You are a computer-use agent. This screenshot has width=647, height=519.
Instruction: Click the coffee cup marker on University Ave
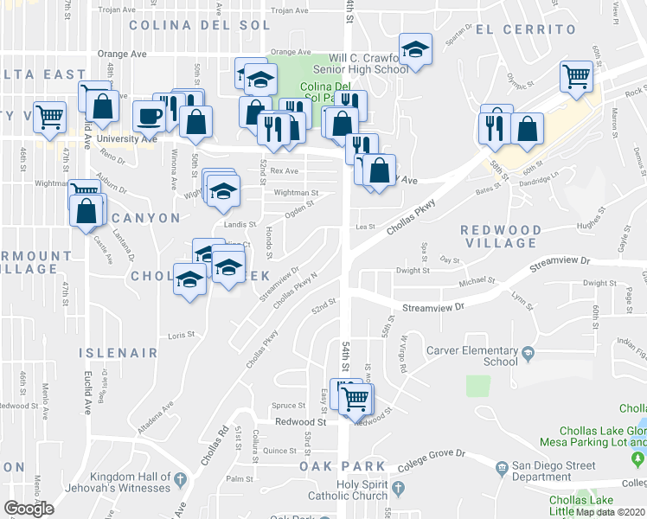click(x=148, y=116)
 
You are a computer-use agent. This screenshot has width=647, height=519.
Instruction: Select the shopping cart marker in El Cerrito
click(x=575, y=76)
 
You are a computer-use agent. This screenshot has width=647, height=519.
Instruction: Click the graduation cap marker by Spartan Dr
click(x=415, y=49)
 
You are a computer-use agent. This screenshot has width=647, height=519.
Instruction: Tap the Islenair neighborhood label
click(x=119, y=353)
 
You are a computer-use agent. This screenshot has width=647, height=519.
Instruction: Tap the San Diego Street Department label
click(x=554, y=471)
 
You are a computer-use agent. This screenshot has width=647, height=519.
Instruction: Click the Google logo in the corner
click(x=29, y=509)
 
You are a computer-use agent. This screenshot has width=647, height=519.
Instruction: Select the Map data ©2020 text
click(x=610, y=512)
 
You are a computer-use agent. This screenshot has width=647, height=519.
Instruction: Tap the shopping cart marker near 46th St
click(x=50, y=115)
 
